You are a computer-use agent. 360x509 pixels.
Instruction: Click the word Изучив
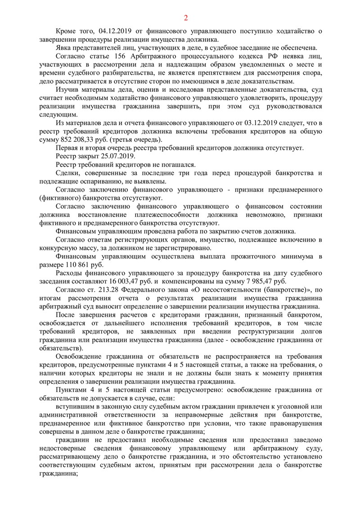tap(67, 90)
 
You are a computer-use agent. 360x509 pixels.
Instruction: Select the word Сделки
tap(67, 173)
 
